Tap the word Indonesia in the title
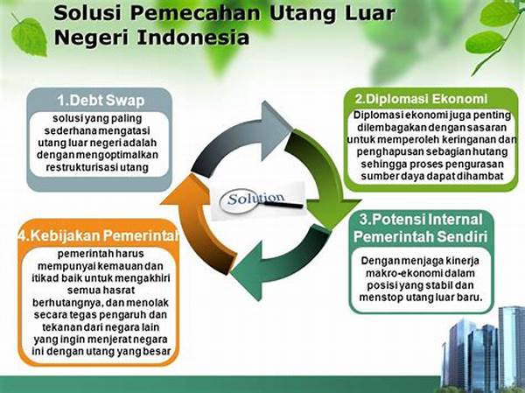click(x=193, y=37)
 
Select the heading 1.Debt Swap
click(x=101, y=100)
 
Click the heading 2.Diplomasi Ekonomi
click(x=421, y=99)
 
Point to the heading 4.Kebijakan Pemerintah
click(x=98, y=236)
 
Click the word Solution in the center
click(x=255, y=199)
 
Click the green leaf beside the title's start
click(x=30, y=37)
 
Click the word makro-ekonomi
click(x=401, y=273)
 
